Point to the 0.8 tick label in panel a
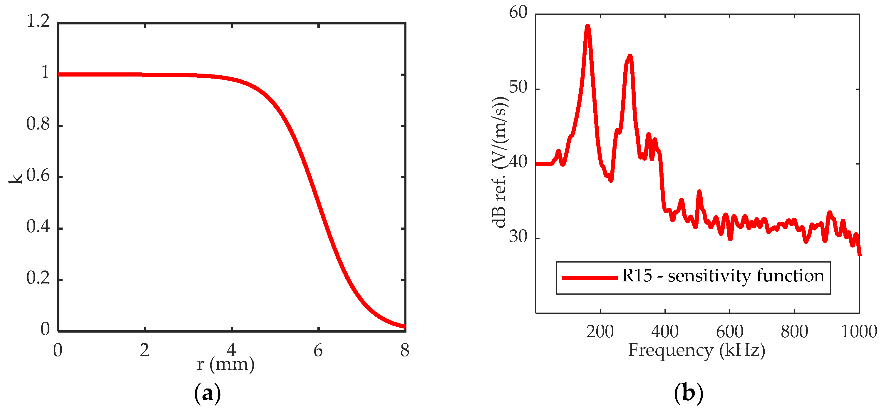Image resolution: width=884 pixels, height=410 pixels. click(x=38, y=124)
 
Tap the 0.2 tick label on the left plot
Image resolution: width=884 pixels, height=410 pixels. click(x=38, y=278)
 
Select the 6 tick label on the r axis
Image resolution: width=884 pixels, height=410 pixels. click(x=318, y=351)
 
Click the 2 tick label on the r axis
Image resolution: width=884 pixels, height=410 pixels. click(x=145, y=351)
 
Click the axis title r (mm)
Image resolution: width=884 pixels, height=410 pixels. click(x=225, y=364)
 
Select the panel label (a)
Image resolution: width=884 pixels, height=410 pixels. click(x=207, y=393)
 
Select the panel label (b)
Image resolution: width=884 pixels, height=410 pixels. click(x=688, y=393)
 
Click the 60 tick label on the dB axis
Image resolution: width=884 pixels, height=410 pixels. click(x=518, y=13)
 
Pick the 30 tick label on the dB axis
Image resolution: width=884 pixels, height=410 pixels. click(x=518, y=237)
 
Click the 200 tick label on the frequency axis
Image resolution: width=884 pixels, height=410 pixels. click(x=600, y=332)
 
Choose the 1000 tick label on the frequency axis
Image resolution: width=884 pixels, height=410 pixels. click(x=859, y=332)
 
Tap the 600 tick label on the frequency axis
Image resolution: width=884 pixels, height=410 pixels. click(x=730, y=332)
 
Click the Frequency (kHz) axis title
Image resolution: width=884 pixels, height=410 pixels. click(x=697, y=350)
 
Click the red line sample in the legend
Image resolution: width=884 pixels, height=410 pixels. click(x=590, y=278)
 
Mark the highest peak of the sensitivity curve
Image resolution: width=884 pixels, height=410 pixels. click(x=587, y=26)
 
